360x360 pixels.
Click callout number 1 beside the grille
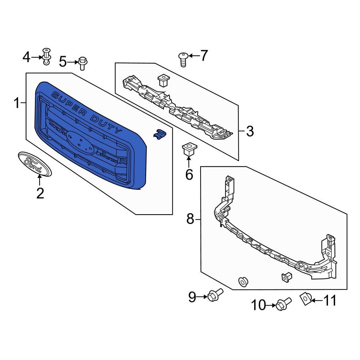tap(17, 103)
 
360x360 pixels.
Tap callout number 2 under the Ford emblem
tap(40, 193)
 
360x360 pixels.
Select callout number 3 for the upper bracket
tap(250, 131)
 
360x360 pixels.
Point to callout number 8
tap(190, 219)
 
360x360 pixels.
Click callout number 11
tap(330, 300)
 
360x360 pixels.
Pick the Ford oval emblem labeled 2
tap(35, 164)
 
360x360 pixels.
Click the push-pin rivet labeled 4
tap(46, 57)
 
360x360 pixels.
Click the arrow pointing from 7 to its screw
tap(194, 55)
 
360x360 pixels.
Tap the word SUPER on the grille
tap(69, 103)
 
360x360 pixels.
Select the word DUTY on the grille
tap(106, 124)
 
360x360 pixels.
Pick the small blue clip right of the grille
tap(159, 134)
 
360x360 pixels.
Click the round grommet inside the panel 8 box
tap(243, 282)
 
